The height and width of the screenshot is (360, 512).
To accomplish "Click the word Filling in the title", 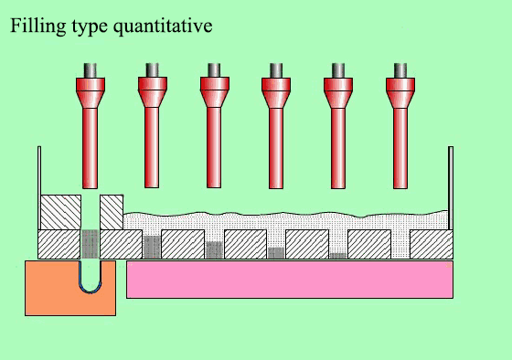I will [35, 26].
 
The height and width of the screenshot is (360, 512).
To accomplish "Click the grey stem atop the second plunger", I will [152, 69].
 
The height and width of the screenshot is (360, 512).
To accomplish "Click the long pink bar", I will [289, 279].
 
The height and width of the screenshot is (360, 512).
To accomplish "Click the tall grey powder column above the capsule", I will [90, 244].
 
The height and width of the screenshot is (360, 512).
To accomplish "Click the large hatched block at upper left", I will [59, 212].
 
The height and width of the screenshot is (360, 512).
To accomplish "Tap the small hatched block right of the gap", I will [111, 212].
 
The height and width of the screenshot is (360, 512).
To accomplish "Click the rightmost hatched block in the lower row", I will [431, 244].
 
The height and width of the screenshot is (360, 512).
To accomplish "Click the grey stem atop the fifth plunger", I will [338, 69].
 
